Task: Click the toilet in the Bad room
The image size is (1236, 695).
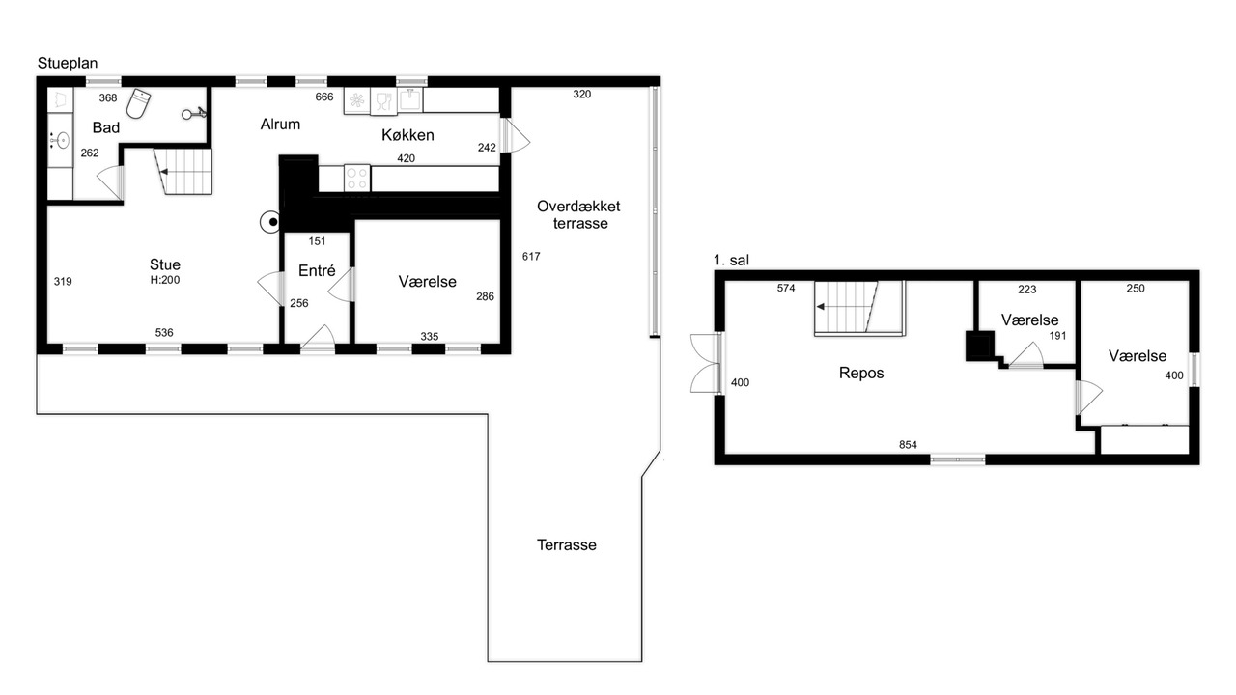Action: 138,103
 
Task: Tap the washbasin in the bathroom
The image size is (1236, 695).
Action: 60,140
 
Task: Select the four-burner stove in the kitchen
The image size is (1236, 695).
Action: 357,179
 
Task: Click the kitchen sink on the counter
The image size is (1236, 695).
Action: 410,100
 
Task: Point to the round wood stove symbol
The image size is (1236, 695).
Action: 271,222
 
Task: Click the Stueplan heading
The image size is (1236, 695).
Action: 68,63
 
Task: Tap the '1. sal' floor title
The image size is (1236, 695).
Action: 731,260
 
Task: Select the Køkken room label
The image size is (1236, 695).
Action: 407,135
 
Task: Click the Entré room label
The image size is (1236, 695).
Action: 317,270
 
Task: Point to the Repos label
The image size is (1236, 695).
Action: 861,373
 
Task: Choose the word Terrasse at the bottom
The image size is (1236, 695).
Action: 567,545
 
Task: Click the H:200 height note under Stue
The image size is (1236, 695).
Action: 165,280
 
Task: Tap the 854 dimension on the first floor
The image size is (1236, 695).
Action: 908,445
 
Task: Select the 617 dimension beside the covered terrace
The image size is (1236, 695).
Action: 531,256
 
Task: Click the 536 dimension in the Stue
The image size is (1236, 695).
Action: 164,333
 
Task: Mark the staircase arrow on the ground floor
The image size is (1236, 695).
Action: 186,172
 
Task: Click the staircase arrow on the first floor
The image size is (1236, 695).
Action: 843,307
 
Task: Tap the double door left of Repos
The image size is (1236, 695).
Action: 706,363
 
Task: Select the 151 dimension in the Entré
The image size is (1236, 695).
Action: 317,241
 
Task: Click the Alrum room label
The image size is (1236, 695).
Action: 280,125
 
